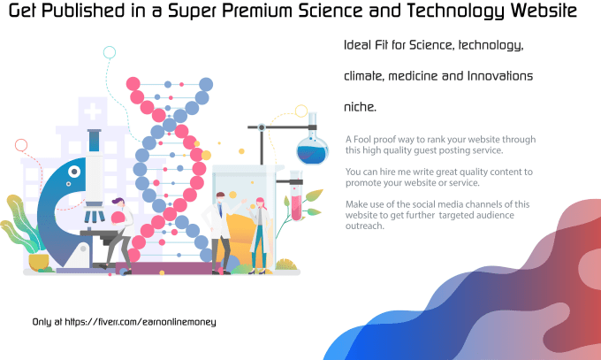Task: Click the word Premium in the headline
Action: click(x=257, y=11)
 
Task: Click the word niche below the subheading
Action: click(x=359, y=107)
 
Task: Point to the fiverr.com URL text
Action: click(x=141, y=322)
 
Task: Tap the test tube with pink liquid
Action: click(x=296, y=195)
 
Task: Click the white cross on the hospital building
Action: click(x=93, y=112)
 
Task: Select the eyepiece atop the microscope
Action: click(x=95, y=141)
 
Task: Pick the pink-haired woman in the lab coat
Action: click(x=260, y=235)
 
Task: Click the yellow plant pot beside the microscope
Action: click(x=39, y=262)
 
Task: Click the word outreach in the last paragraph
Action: click(x=364, y=226)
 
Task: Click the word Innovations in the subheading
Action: click(x=500, y=76)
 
